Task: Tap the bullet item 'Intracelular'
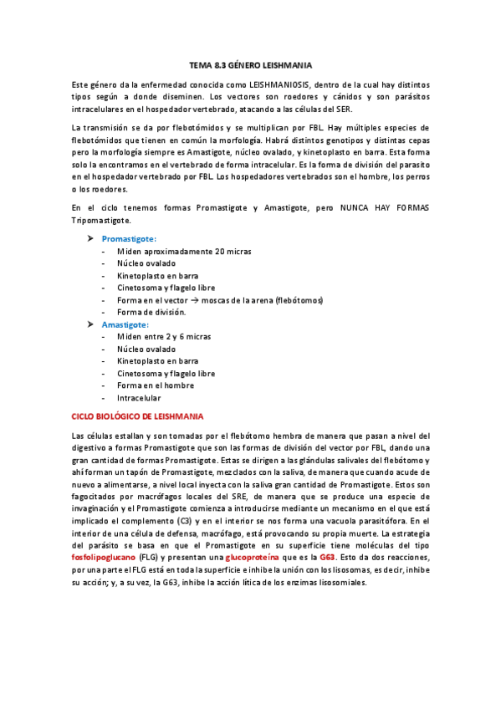[x=139, y=397]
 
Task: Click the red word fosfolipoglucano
[x=102, y=557]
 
